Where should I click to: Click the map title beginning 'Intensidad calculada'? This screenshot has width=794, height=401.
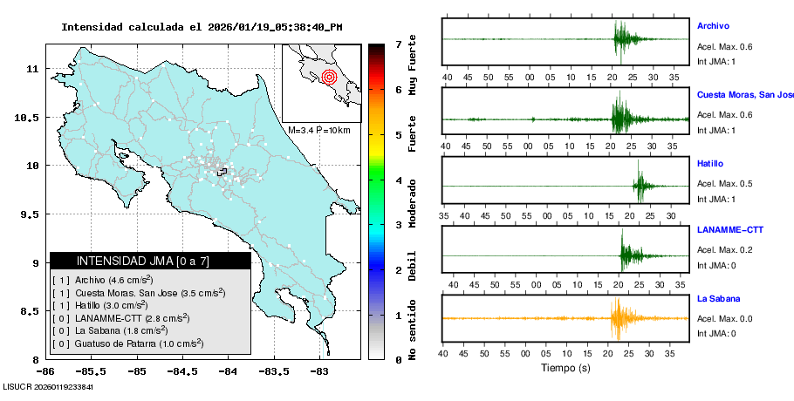[202, 27]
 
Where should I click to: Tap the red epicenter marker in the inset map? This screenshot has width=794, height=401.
[329, 77]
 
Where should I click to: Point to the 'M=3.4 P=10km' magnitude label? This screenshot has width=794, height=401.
[318, 130]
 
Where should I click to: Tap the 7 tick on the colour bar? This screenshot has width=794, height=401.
[397, 44]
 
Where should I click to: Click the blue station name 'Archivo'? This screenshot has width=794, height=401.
[713, 26]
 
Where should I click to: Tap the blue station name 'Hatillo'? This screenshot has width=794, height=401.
[710, 164]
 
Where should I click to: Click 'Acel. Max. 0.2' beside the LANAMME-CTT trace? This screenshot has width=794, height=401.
[724, 250]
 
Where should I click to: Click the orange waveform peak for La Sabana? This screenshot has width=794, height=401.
[619, 319]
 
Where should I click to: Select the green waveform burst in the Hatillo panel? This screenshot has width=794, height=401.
[641, 185]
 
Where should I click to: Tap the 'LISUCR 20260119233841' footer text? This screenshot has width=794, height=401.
[48, 386]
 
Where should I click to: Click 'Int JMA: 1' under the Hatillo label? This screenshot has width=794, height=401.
[716, 199]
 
